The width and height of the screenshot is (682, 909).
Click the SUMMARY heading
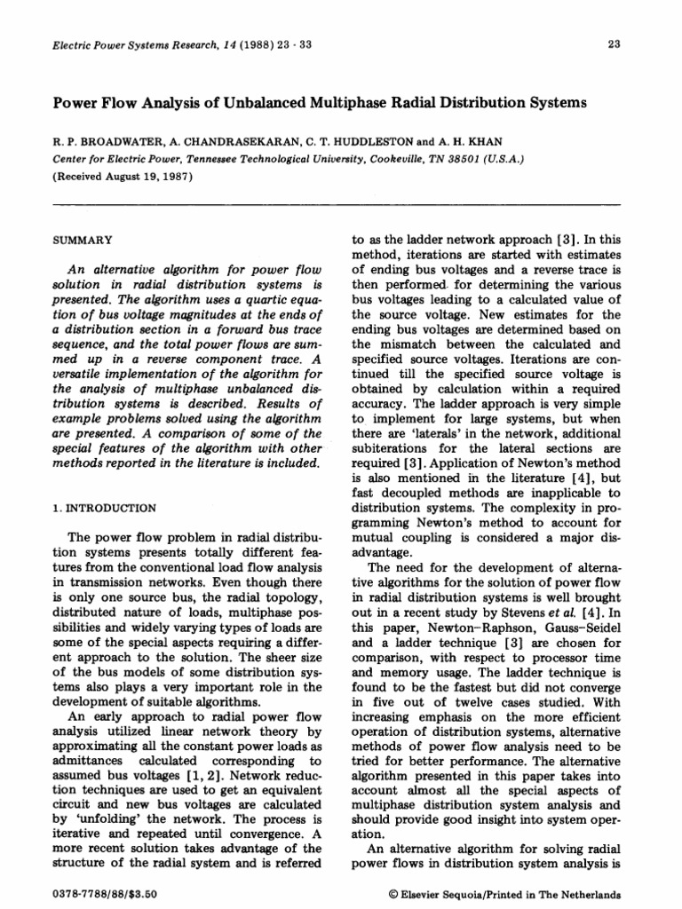81,241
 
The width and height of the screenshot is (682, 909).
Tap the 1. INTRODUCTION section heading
100,509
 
